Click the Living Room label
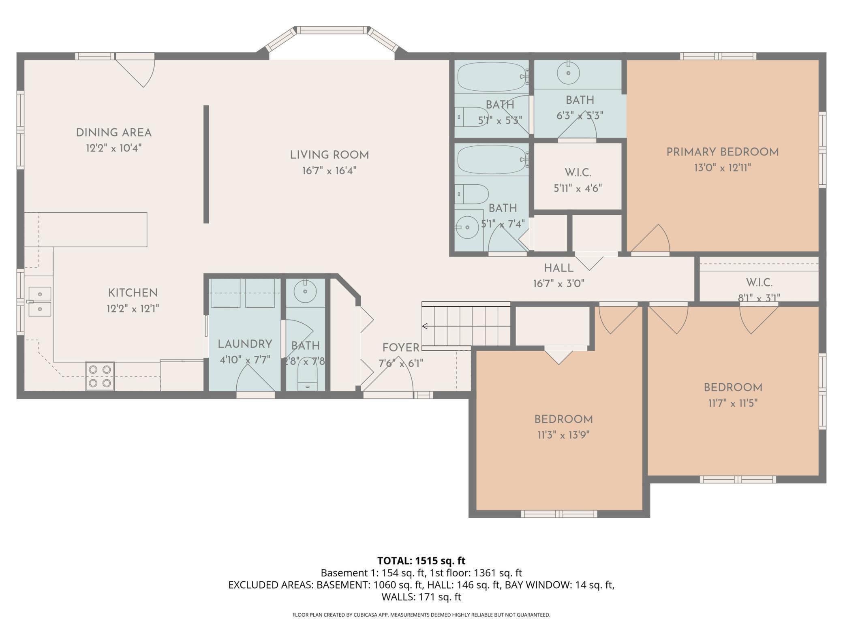tap(329, 155)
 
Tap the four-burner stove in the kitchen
tap(100, 376)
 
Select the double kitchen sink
tap(40, 301)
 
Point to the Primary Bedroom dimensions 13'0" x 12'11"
tap(723, 167)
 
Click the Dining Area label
tap(114, 132)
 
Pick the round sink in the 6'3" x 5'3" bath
tap(568, 73)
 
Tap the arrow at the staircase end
tap(425, 326)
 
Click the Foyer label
tap(401, 348)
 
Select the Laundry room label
tap(245, 344)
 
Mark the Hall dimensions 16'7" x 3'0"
tap(558, 283)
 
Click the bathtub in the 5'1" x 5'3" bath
tap(491, 77)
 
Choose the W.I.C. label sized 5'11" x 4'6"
tap(578, 173)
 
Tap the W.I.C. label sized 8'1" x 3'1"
tap(759, 282)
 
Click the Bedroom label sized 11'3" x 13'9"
tap(563, 419)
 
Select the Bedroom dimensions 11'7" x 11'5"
tap(733, 403)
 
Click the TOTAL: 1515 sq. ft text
tap(421, 561)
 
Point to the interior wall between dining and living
tap(206, 164)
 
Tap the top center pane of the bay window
tap(332, 30)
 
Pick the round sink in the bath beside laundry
tap(305, 291)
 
